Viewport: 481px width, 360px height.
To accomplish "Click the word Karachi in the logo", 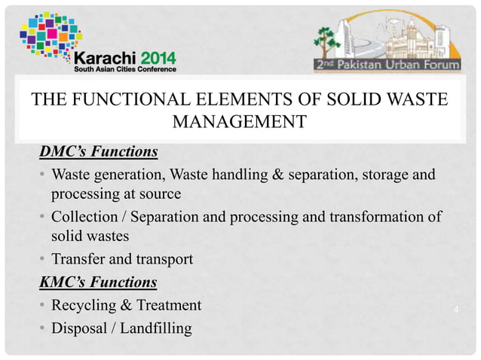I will point(105,57).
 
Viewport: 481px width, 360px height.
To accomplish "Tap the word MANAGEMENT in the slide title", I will point(240,121).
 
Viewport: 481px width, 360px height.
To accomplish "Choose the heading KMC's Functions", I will point(98,283).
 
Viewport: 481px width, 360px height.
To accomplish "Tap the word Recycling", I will point(82,305).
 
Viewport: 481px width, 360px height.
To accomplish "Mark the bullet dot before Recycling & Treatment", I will point(43,306).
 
